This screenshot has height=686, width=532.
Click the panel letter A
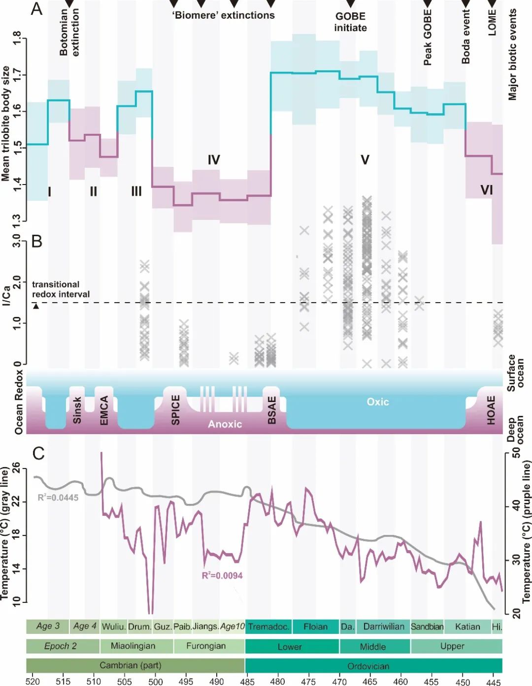pyautogui.click(x=37, y=9)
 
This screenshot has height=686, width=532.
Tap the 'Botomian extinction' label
pyautogui.click(x=69, y=32)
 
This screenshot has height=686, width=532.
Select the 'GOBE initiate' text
pyautogui.click(x=350, y=22)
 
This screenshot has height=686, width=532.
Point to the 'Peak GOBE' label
pyautogui.click(x=428, y=38)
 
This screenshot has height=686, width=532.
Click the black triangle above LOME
pyautogui.click(x=492, y=3)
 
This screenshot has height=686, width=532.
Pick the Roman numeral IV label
pyautogui.click(x=213, y=159)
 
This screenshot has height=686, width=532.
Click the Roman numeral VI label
pyautogui.click(x=486, y=190)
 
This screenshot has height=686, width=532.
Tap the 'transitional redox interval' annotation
pyautogui.click(x=61, y=289)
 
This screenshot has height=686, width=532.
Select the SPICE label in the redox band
pyautogui.click(x=176, y=409)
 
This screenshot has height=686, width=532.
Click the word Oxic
pyautogui.click(x=378, y=402)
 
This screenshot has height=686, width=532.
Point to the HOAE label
pyautogui.click(x=491, y=410)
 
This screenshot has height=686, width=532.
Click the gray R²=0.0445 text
pyautogui.click(x=58, y=498)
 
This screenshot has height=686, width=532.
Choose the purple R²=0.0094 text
pyautogui.click(x=222, y=575)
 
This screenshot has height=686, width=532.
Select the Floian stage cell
pyautogui.click(x=315, y=626)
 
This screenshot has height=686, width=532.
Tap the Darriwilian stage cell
pyautogui.click(x=384, y=626)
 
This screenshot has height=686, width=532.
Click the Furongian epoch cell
pyautogui.click(x=206, y=646)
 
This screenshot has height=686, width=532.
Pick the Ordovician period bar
pyautogui.click(x=368, y=666)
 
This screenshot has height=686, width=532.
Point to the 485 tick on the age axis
pyautogui.click(x=247, y=682)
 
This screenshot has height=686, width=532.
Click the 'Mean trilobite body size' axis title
pyautogui.click(x=6, y=123)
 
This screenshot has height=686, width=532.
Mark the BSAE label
pyautogui.click(x=272, y=410)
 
